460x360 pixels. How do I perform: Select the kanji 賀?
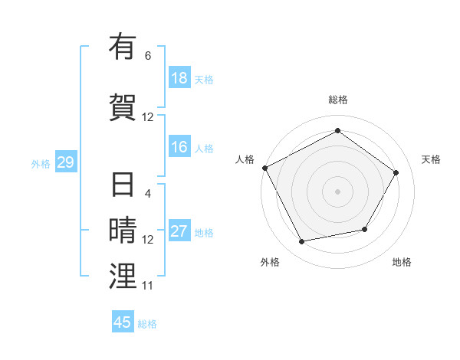[x=123, y=106]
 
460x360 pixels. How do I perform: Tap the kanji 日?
[x=123, y=185]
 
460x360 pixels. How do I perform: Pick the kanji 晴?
[x=123, y=231]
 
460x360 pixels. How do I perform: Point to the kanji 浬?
[x=123, y=275]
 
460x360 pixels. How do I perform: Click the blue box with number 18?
[x=179, y=78]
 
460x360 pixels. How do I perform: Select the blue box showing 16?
[x=179, y=147]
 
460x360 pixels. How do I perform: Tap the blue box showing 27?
[x=179, y=231]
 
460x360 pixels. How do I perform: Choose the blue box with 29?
[x=65, y=162]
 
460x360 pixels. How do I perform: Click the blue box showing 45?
[x=123, y=322]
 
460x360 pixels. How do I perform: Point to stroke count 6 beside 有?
[x=148, y=56]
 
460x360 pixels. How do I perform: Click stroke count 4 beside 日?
[x=148, y=194]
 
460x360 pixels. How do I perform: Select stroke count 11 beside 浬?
[x=148, y=286]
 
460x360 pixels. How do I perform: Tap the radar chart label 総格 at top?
[x=337, y=100]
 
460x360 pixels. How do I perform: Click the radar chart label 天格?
[x=431, y=159]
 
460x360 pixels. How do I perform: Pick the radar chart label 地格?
[x=402, y=262]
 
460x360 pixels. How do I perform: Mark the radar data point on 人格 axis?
[x=265, y=168]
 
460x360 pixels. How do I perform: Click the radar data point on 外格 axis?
[x=302, y=241]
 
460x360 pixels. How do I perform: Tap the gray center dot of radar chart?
[x=337, y=191]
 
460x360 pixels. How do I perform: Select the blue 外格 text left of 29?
[x=41, y=163]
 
